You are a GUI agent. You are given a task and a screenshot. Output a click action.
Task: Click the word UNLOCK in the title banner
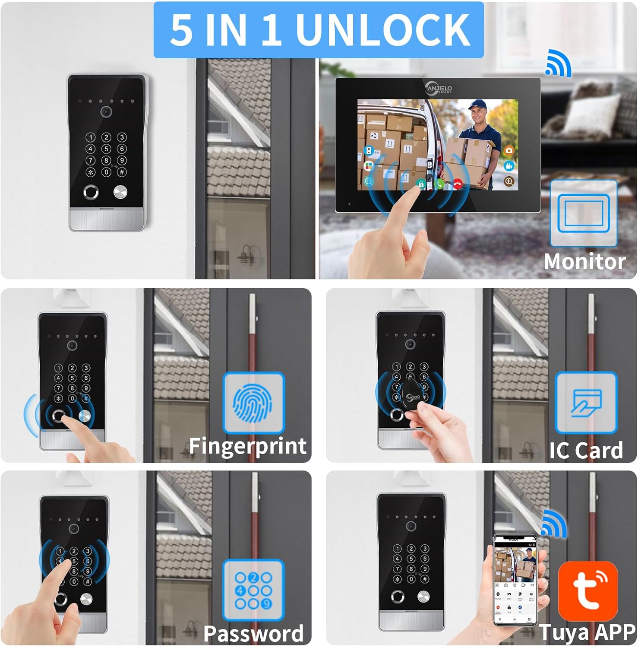(x=383, y=29)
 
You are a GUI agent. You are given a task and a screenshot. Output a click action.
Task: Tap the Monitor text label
(x=584, y=262)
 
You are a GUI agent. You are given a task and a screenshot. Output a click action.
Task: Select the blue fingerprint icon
(x=253, y=403)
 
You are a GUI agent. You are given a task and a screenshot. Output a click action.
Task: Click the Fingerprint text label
(x=248, y=446)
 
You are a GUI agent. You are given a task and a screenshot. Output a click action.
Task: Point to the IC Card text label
(x=586, y=450)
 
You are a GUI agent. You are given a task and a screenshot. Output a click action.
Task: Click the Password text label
(x=253, y=633)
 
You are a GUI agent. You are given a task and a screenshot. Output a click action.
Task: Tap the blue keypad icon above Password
(x=253, y=590)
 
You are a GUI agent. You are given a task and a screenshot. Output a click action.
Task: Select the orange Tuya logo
(x=587, y=590)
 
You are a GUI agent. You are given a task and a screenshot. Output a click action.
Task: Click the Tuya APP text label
(x=587, y=632)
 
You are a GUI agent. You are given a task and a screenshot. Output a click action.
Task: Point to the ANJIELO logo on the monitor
(x=438, y=89)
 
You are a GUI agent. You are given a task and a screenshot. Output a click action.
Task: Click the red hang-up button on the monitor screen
(x=458, y=184)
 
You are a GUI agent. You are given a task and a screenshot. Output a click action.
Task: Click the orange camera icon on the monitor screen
(x=509, y=150)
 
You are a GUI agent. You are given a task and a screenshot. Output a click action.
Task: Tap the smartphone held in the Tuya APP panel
(x=515, y=579)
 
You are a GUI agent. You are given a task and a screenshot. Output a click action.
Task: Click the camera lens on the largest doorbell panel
(x=106, y=111)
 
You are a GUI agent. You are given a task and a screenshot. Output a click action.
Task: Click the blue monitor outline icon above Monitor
(x=584, y=213)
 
